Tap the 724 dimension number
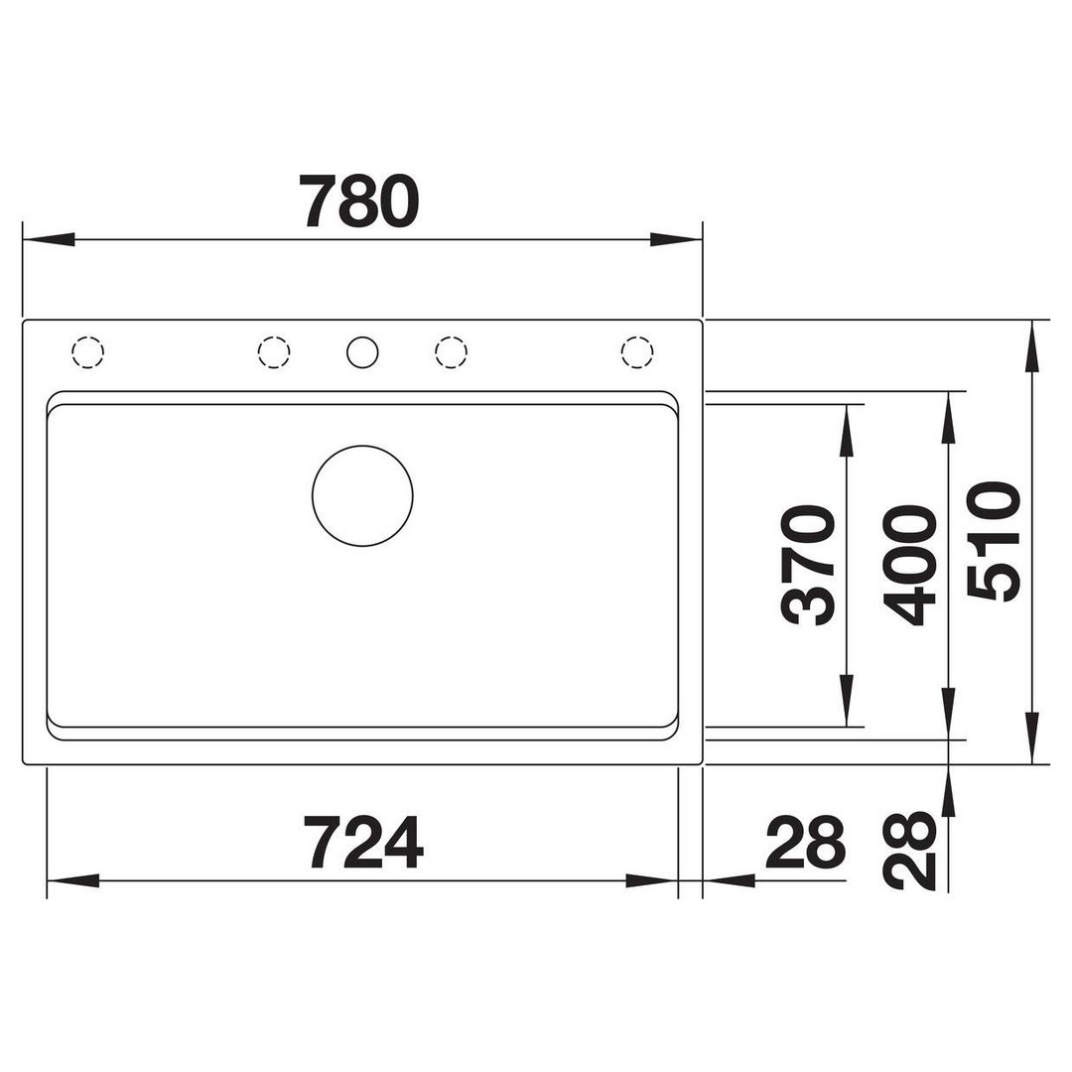click(x=362, y=842)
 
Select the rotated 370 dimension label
click(x=809, y=565)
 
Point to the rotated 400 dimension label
click(x=909, y=565)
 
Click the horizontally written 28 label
click(x=806, y=842)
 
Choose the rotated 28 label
click(x=909, y=851)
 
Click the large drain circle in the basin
click(x=362, y=495)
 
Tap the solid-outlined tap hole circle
click(x=362, y=352)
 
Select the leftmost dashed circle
click(x=87, y=352)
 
